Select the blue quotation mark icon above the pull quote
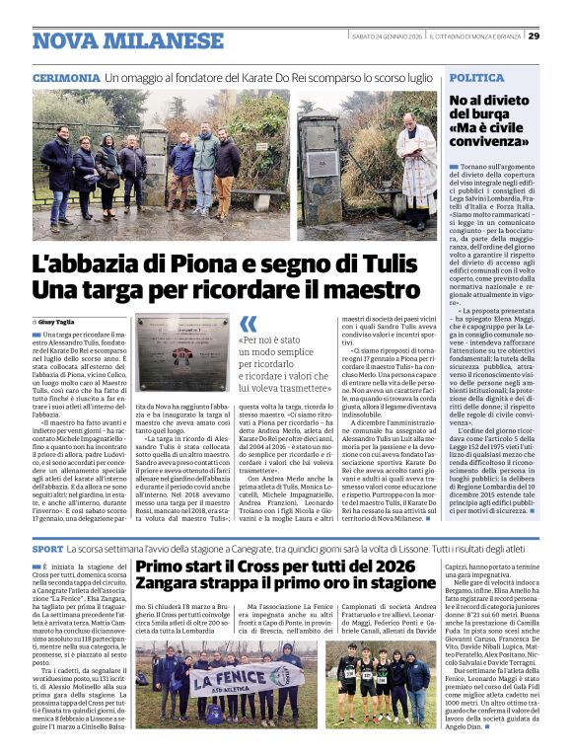coord(248,324)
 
